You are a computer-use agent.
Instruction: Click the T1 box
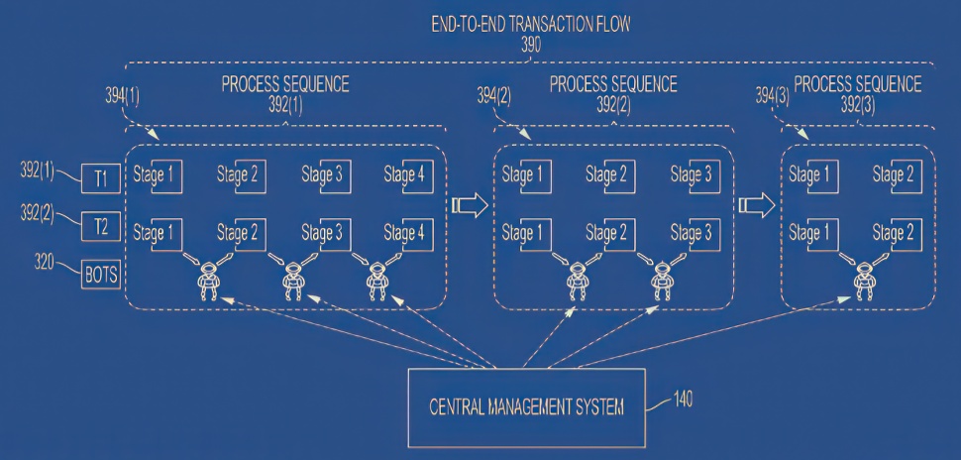click(x=100, y=179)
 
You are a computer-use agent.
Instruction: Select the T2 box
click(x=100, y=227)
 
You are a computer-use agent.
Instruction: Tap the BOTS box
click(x=100, y=275)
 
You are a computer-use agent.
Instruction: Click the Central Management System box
click(x=526, y=407)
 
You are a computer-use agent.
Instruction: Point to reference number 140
click(x=683, y=400)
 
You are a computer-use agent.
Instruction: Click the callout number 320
click(x=45, y=263)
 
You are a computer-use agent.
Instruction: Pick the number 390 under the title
click(x=531, y=45)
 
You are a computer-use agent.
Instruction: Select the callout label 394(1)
click(x=122, y=97)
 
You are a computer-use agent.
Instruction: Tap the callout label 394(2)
click(x=494, y=96)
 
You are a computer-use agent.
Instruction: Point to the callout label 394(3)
click(x=772, y=96)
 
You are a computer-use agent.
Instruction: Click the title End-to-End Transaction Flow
click(x=531, y=25)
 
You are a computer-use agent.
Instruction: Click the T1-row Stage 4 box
click(x=417, y=176)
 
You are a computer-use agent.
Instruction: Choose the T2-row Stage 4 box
click(x=417, y=234)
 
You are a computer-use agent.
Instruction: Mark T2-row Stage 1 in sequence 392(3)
click(x=822, y=234)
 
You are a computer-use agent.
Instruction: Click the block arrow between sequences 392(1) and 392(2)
click(x=470, y=205)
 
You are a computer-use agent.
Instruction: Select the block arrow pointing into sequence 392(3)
click(x=757, y=205)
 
